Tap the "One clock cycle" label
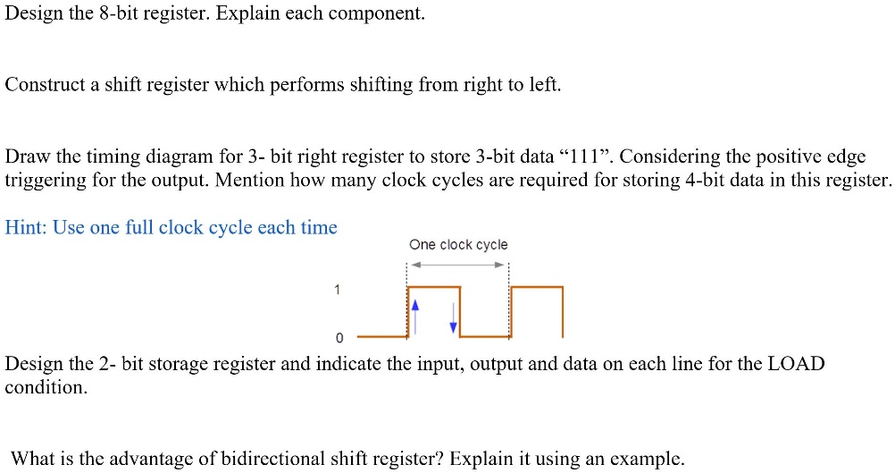coord(458,244)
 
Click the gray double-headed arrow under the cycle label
coord(458,265)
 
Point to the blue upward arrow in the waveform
coord(415,316)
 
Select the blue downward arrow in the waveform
coord(453,317)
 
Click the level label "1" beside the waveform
coord(337,290)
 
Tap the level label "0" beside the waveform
coord(339,338)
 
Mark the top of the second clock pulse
coord(537,287)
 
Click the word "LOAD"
coord(796,364)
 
